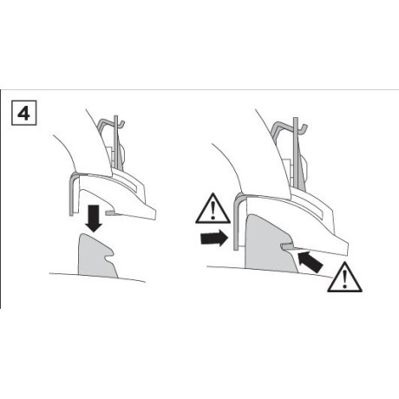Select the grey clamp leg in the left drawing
tap(69, 193)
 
